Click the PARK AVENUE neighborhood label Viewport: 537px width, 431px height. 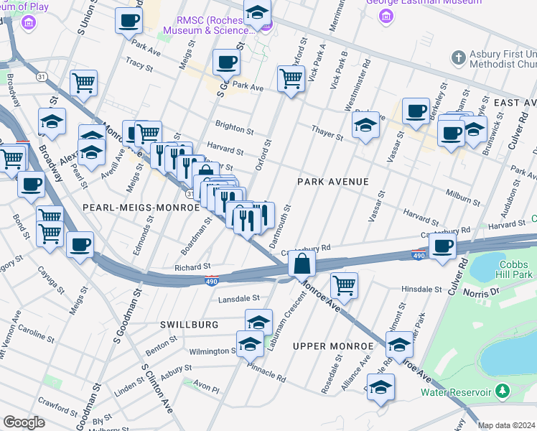coord(333,182)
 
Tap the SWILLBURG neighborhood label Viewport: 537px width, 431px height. coord(190,325)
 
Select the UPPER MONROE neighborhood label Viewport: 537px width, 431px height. coord(333,346)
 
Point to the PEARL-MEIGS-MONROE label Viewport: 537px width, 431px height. coord(141,207)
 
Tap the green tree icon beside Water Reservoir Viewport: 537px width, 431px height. coord(503,391)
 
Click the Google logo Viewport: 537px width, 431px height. coord(24,422)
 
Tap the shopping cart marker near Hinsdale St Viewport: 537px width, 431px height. coord(345,284)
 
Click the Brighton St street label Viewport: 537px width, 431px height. coord(236,131)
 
